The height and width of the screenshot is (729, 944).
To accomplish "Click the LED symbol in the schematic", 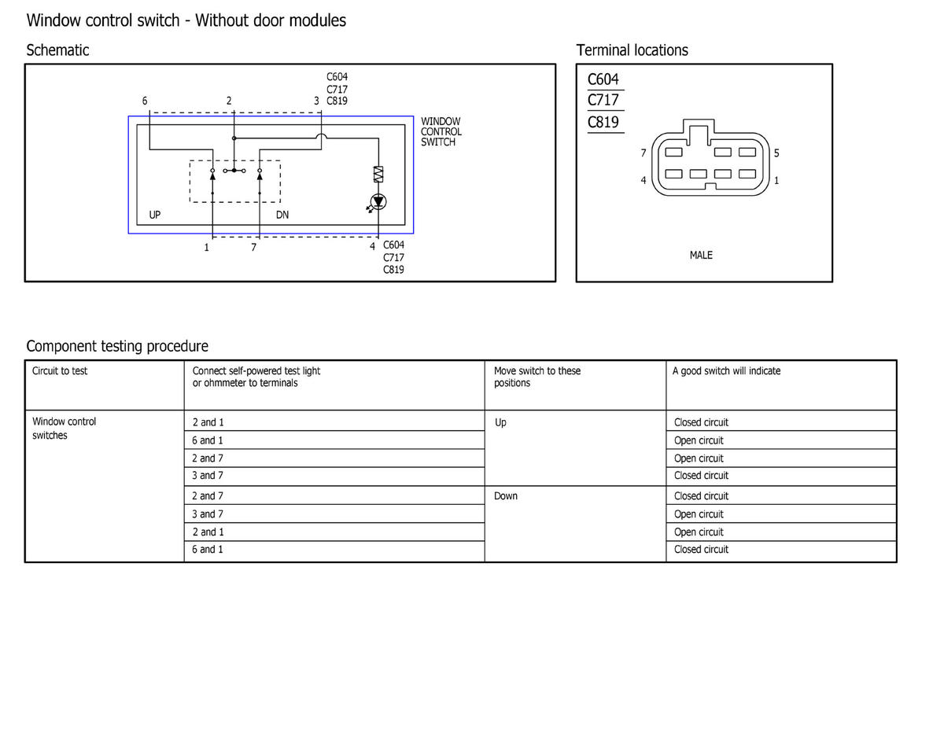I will (378, 202).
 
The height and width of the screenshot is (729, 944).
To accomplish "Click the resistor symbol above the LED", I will (378, 175).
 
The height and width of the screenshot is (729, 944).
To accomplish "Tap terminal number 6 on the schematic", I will (145, 101).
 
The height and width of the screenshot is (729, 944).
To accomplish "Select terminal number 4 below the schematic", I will (373, 247).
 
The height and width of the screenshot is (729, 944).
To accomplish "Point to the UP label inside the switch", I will (155, 215).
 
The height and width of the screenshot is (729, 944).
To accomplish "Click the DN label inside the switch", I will (282, 215).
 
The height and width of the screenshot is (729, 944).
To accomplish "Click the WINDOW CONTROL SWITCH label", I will (441, 131).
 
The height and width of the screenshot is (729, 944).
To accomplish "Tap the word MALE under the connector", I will (701, 255).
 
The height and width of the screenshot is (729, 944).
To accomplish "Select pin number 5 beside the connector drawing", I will (776, 153).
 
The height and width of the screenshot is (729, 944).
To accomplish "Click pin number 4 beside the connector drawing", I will (643, 181).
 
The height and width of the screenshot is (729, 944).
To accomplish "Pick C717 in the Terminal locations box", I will (603, 101).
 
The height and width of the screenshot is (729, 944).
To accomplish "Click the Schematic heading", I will (57, 50).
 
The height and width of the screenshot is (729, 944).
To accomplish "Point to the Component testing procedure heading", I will (117, 346).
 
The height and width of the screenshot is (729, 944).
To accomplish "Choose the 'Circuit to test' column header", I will (60, 371).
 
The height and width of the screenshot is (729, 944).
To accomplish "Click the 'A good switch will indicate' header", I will (726, 371).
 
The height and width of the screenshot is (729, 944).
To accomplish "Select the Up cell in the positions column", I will (500, 422).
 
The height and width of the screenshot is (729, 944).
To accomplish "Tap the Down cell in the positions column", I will (506, 496).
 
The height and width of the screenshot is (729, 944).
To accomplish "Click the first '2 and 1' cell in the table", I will (208, 422).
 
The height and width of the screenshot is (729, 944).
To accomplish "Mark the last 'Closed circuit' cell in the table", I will (701, 550).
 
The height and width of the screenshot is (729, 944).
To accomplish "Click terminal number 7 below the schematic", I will (253, 248).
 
